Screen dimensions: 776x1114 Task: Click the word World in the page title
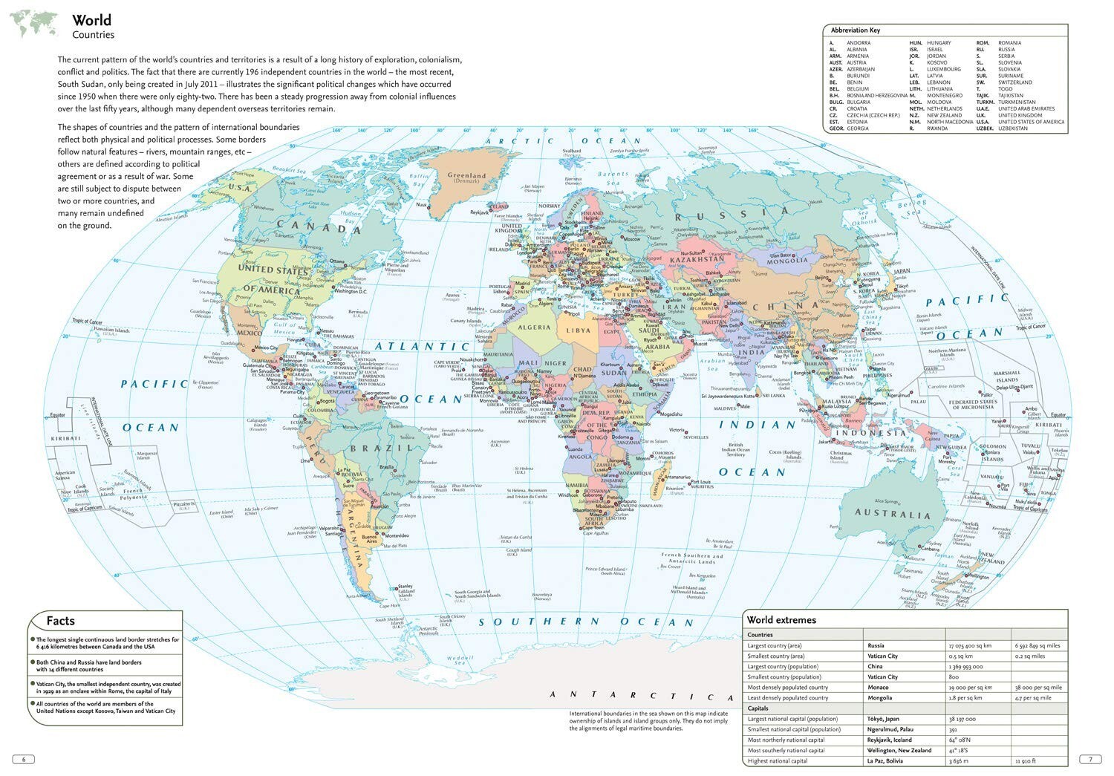pos(92,20)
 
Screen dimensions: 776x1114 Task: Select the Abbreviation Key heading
pos(856,30)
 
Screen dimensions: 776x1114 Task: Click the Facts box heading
pos(61,621)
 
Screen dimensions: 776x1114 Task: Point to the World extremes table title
pos(781,620)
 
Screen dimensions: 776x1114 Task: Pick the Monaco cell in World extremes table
pos(878,688)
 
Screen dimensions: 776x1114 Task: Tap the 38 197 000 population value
pos(962,720)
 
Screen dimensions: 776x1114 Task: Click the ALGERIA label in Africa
pos(534,327)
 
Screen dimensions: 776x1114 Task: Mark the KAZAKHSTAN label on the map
pos(697,260)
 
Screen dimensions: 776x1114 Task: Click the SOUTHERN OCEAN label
pos(585,622)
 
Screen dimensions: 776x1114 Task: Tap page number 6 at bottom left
pos(24,760)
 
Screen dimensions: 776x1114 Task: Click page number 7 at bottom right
pos(1090,760)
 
